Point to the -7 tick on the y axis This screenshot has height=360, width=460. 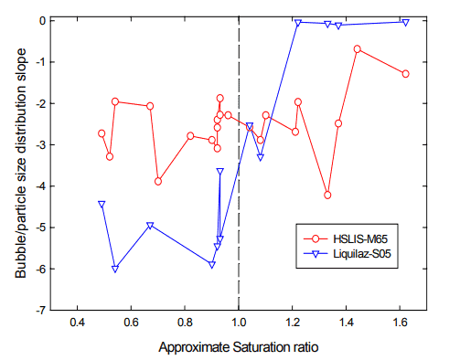pos(57,311)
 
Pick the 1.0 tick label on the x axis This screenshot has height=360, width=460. pos(239,323)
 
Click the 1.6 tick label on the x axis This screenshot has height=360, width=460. pos(401,323)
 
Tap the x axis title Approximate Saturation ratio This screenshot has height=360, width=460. pos(239,348)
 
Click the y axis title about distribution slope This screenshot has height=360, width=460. pos(17,164)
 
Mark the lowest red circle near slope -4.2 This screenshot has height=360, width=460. pos(327,195)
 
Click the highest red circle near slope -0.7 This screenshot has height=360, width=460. pos(357,49)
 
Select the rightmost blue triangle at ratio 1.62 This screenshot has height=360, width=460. pos(405,22)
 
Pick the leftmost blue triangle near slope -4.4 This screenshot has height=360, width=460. pos(102,205)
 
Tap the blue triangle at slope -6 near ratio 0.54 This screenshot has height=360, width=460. pos(115,270)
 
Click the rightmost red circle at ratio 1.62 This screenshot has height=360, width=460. pos(405,74)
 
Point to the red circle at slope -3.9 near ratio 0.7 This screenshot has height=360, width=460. pos(158,181)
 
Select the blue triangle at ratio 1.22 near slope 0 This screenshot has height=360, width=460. pos(298,24)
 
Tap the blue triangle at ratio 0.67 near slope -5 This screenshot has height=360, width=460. pos(150,226)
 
